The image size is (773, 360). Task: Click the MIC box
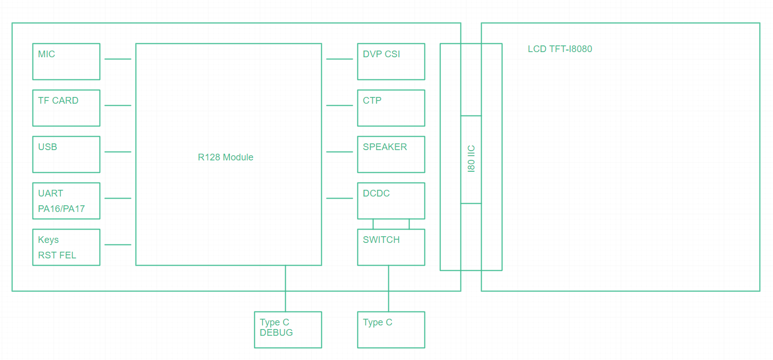66,61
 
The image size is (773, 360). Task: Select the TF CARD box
66,108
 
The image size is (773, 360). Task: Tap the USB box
66,154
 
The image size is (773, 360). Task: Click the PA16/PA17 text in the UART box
61,209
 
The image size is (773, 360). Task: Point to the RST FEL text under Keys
57,255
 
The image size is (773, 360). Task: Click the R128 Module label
225,157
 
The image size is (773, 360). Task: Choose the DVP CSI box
391,61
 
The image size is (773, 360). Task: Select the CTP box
391,108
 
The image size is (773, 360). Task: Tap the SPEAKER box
391,154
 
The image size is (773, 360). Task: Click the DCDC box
391,201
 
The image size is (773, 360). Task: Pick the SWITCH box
391,247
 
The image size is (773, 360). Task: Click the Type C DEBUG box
288,330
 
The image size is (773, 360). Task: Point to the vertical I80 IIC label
471,159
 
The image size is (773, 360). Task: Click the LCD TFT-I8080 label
560,50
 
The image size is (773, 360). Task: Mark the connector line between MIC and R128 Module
118,59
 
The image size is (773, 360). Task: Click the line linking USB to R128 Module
118,152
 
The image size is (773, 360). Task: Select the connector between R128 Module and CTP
339,105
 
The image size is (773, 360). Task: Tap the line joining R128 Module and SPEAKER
339,152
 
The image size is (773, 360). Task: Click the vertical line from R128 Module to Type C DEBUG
285,288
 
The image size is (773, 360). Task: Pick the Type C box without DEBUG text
391,330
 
